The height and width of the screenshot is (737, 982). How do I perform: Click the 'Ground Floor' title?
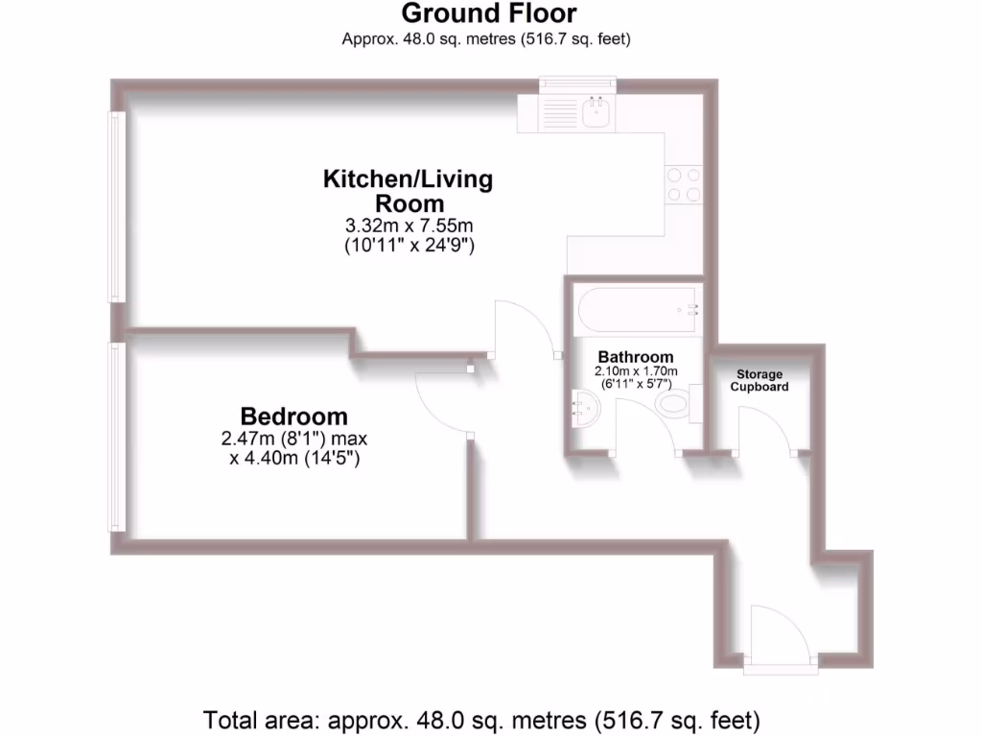coord(489,13)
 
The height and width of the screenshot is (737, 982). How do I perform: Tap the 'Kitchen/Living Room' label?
coord(409,191)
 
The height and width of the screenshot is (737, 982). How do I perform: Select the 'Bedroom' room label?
coord(293,416)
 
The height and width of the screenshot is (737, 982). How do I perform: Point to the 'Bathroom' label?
coord(636,357)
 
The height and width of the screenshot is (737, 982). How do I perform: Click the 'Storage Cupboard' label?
coord(760,380)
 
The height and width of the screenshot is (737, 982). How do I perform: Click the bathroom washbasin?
coord(585,411)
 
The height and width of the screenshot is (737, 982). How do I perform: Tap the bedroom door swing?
coord(442,401)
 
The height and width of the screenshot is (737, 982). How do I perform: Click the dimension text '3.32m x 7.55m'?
coord(409,226)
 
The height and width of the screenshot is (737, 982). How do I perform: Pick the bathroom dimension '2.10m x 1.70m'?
coord(636,371)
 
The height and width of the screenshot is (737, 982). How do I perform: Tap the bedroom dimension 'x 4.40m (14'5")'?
coord(293,459)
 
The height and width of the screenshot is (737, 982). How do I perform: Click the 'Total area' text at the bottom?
coord(481,719)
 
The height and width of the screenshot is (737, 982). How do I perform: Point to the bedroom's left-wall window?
coord(115,438)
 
